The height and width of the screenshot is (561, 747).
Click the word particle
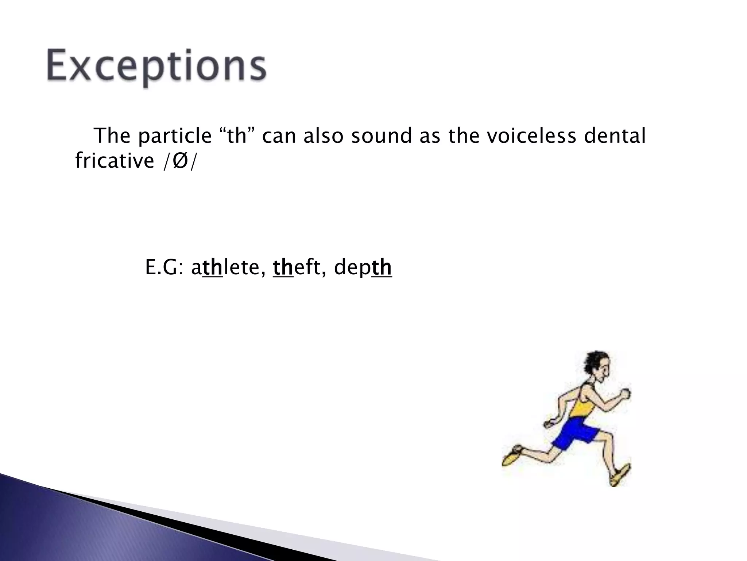[174, 136]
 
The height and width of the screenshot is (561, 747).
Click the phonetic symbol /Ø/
[179, 161]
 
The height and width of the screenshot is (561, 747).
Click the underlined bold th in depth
[382, 268]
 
